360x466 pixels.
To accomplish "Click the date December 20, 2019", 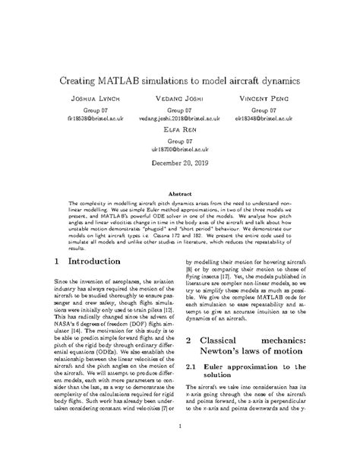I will [x=179, y=163].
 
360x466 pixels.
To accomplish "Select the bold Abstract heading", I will [x=179, y=194].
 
